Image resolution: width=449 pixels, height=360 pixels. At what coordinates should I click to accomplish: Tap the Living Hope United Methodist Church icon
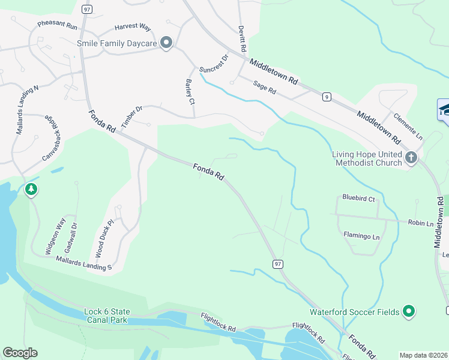[x=411, y=158]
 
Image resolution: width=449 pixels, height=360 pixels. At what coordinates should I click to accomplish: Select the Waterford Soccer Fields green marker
[x=409, y=311]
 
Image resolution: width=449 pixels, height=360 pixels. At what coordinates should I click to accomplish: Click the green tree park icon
[x=31, y=190]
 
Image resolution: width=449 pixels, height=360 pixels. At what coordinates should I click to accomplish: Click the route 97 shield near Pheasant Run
[x=87, y=10]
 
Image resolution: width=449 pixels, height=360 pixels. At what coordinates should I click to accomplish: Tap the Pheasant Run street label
[x=58, y=26]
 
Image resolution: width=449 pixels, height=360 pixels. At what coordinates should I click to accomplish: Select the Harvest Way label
[x=133, y=27]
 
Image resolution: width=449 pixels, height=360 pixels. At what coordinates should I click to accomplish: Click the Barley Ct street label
[x=190, y=92]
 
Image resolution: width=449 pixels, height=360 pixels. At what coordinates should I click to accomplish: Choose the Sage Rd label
[x=264, y=88]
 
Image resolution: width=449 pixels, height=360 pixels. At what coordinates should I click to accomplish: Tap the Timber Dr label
[x=131, y=116]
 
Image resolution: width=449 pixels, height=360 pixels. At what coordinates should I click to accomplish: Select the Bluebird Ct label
[x=358, y=198]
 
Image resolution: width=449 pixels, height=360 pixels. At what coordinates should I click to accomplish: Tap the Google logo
[x=20, y=353]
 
